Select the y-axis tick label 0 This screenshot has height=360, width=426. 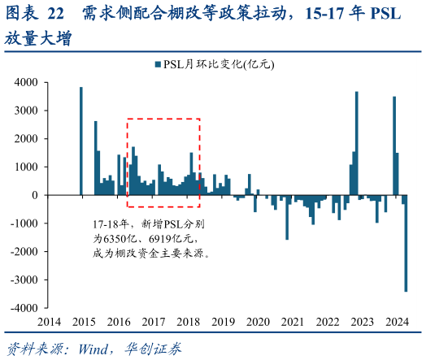(x=34, y=196)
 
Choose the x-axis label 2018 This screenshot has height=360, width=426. (x=189, y=323)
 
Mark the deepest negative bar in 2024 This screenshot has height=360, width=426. (x=406, y=243)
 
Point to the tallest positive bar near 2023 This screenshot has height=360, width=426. (x=356, y=143)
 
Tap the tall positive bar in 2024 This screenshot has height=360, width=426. (x=394, y=145)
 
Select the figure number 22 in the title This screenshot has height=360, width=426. (x=55, y=14)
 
